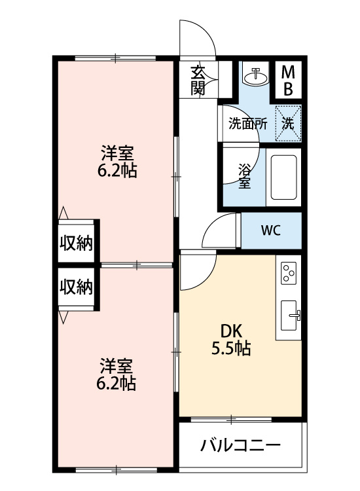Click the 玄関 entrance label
(198, 81)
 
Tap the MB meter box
(288, 79)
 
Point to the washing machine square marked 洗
(288, 122)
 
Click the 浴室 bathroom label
(244, 175)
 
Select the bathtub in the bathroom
(284, 177)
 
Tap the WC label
(271, 230)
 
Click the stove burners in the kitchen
(289, 272)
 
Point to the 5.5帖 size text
(230, 348)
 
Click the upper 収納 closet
(77, 243)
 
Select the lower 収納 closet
(77, 287)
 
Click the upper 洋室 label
(118, 155)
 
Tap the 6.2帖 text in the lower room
(118, 384)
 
